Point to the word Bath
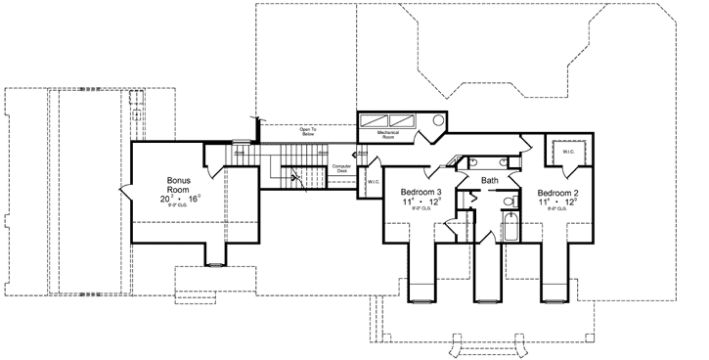[x=490, y=181]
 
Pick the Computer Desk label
[x=341, y=169]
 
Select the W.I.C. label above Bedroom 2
[x=567, y=152]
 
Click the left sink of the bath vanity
[x=471, y=160]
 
